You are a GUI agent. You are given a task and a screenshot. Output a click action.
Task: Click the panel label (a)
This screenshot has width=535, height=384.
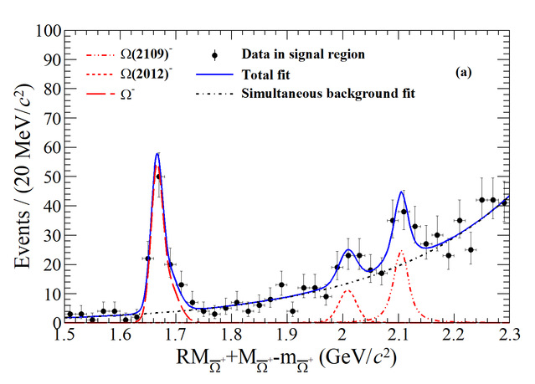(464, 73)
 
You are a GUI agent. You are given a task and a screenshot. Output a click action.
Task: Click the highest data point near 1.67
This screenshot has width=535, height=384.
(158, 177)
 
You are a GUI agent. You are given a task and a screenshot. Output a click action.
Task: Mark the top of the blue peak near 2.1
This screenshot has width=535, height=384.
(402, 192)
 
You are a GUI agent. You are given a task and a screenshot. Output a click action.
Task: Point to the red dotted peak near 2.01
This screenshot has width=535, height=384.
(347, 290)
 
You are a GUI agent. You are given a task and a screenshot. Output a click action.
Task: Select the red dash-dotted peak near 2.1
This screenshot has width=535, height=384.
(401, 251)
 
